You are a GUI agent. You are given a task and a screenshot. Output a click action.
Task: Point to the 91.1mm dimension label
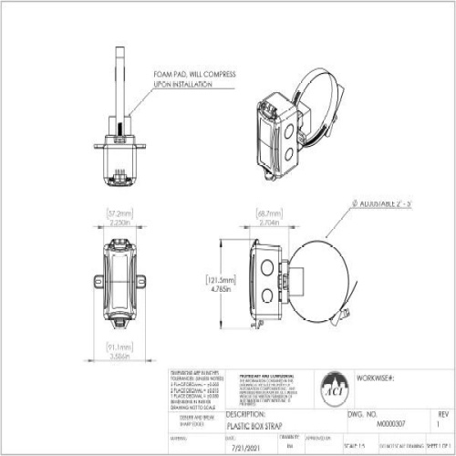119,347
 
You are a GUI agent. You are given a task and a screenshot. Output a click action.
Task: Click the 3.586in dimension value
119,357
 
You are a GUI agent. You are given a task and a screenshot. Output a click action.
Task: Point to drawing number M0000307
389,424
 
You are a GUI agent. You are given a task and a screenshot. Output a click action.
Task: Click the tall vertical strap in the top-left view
119,82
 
